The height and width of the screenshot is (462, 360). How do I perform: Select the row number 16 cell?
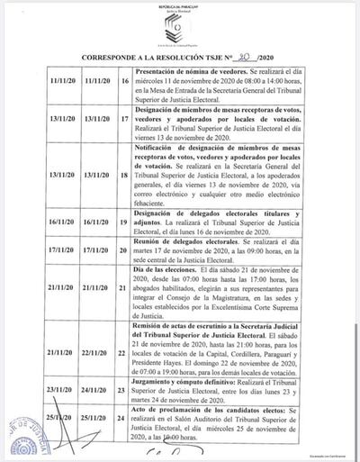tap(123, 80)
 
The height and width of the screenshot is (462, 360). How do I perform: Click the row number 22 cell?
tap(123, 353)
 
